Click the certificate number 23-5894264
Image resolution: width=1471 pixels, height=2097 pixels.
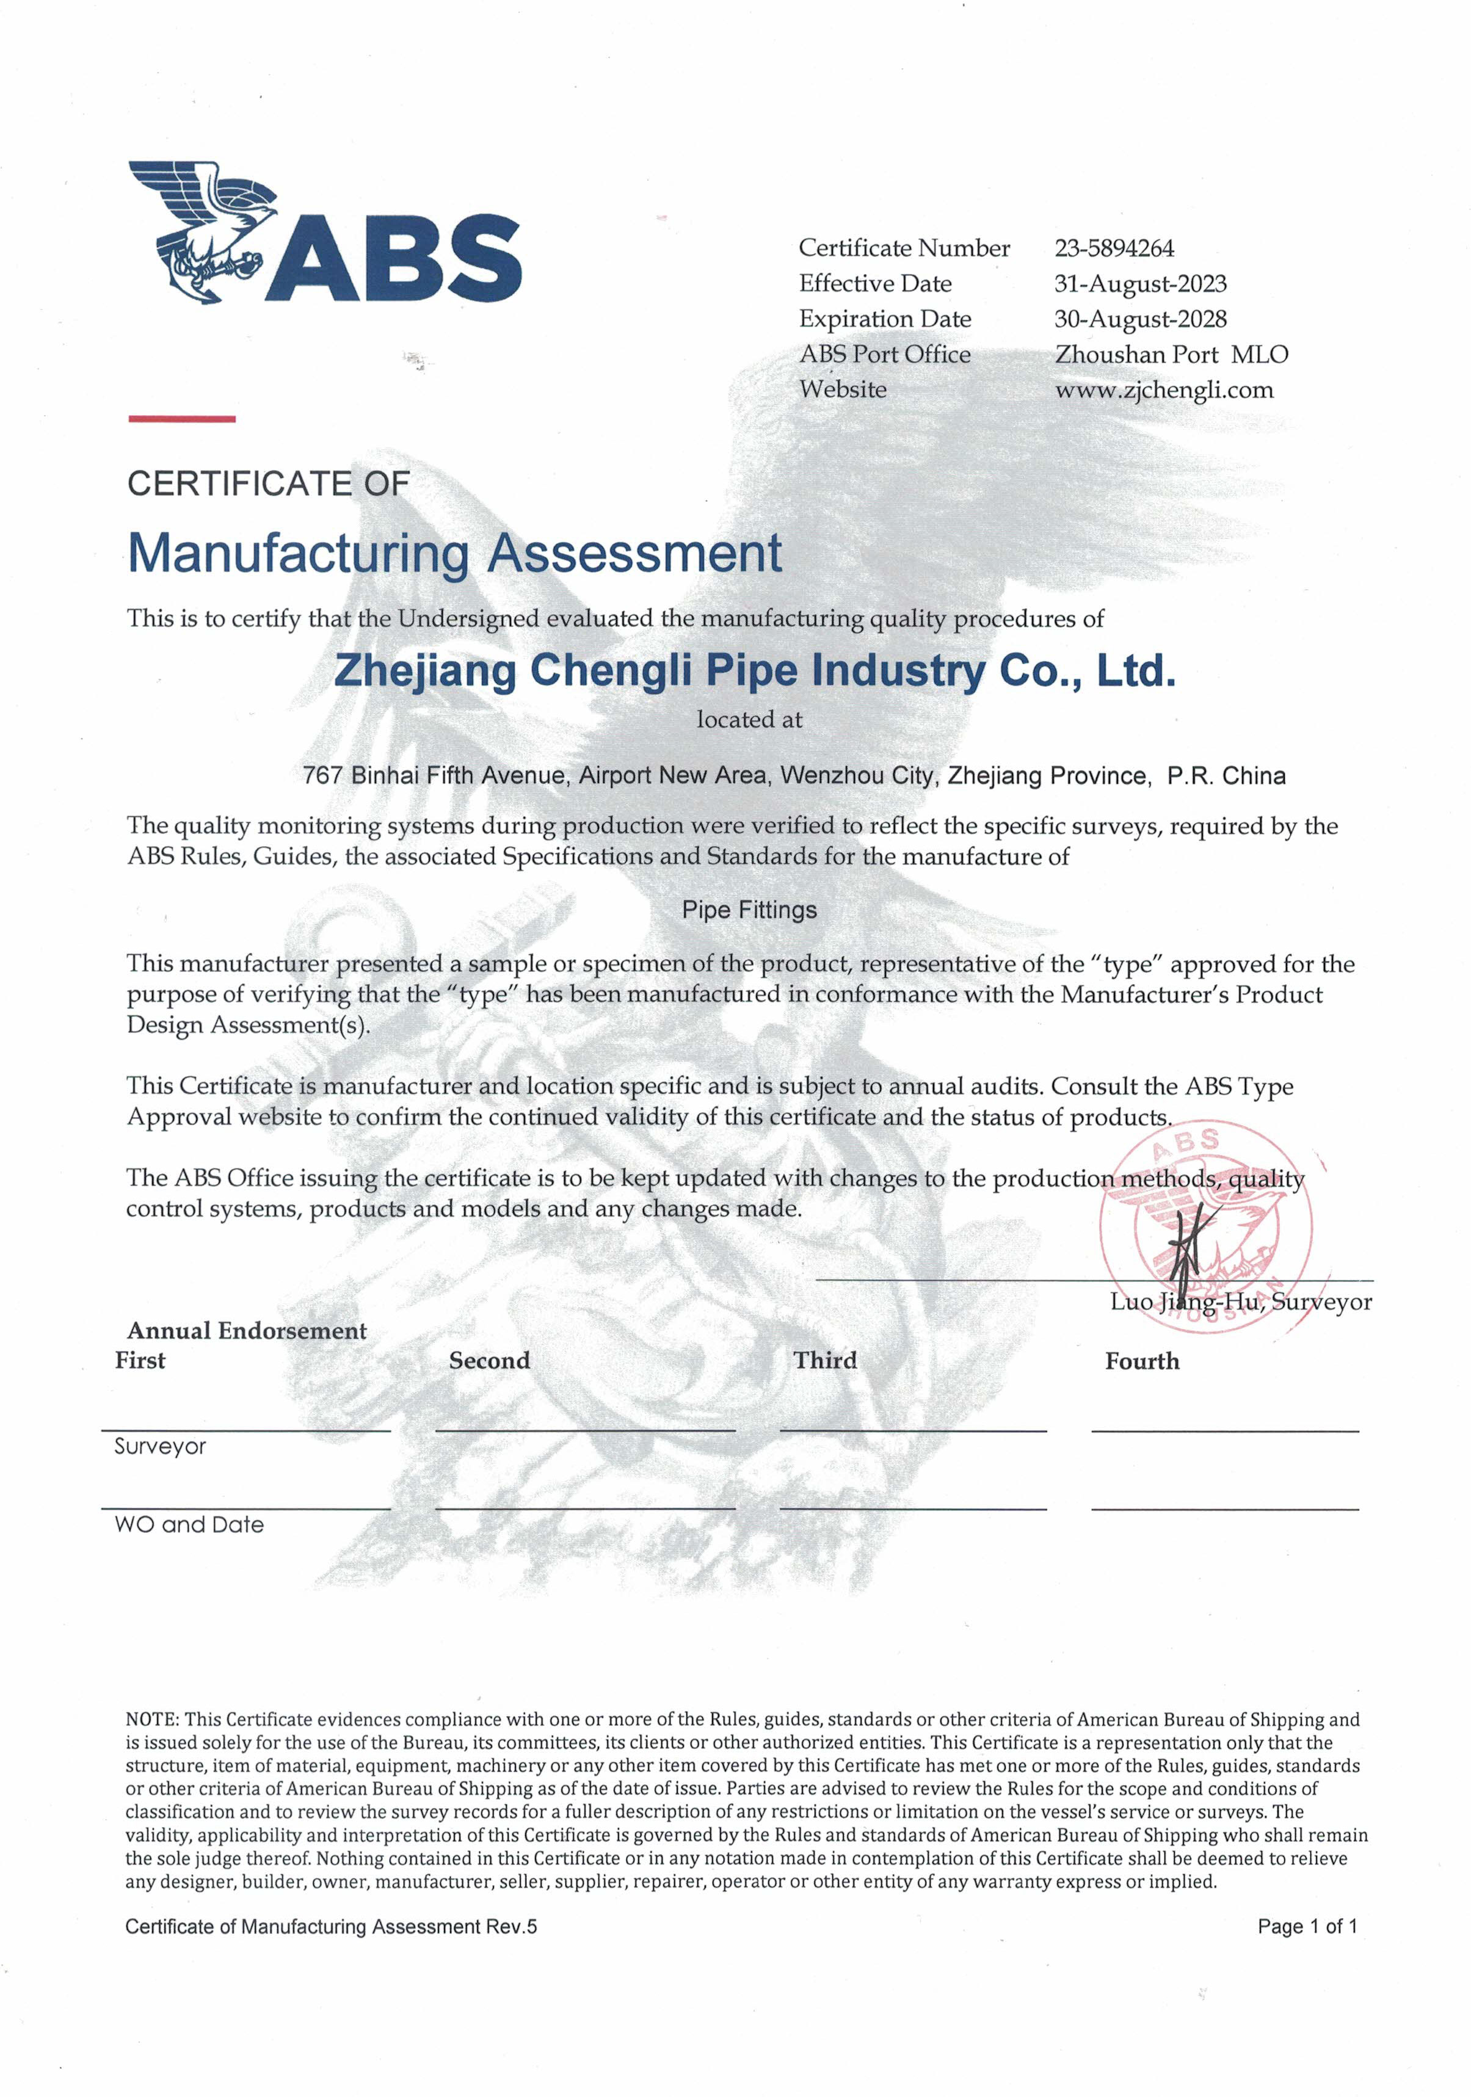coord(1114,248)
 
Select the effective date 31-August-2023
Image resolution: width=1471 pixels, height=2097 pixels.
coord(1139,284)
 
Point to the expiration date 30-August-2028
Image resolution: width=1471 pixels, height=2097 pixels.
coord(1139,319)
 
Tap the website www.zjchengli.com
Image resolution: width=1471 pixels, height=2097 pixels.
coord(1163,390)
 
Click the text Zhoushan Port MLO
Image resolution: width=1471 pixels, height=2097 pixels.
coord(1171,354)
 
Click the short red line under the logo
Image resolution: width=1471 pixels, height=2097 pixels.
coord(182,419)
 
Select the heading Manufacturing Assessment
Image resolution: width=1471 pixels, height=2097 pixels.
coord(454,552)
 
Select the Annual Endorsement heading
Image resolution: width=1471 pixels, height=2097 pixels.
coord(247,1331)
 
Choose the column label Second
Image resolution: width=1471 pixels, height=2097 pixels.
coord(489,1361)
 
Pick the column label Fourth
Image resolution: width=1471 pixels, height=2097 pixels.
coord(1141,1362)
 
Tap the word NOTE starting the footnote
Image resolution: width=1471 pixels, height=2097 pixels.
coord(151,1720)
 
